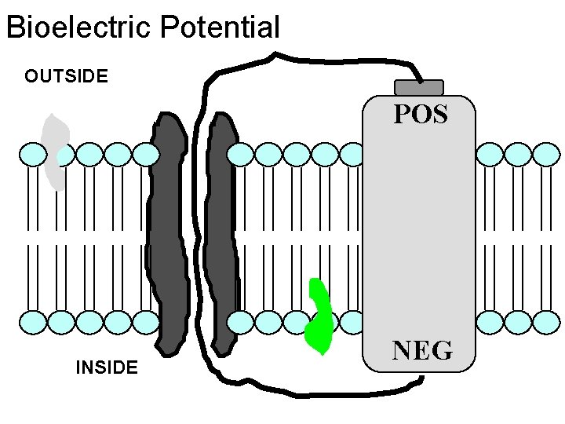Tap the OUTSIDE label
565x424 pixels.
(x=66, y=76)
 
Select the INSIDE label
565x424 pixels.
(x=106, y=367)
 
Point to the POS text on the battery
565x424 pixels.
(x=420, y=115)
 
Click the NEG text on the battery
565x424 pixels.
(x=422, y=350)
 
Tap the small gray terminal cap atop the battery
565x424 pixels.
(x=419, y=87)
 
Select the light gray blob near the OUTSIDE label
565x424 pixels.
(x=54, y=153)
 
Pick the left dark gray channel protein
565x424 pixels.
(x=168, y=232)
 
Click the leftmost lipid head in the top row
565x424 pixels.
(x=33, y=155)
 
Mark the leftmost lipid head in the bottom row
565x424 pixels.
(x=33, y=322)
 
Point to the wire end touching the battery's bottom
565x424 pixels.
(x=421, y=380)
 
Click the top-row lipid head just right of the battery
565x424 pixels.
(x=490, y=155)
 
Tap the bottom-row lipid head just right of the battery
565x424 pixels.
(x=490, y=322)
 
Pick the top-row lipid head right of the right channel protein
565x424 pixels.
(x=243, y=155)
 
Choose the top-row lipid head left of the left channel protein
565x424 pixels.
(x=144, y=155)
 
